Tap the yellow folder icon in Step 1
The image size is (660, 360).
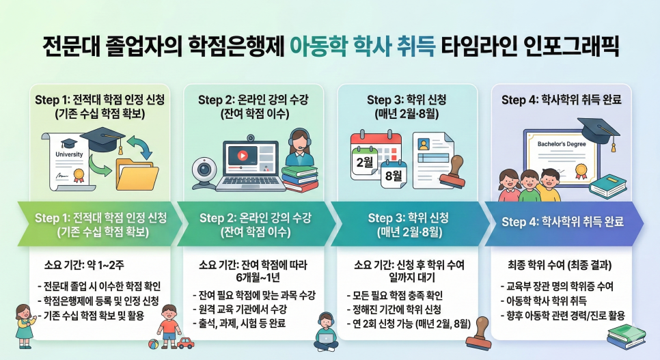[137, 174]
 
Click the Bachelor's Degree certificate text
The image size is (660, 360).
[561, 145]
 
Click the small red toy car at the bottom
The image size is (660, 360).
[184, 342]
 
